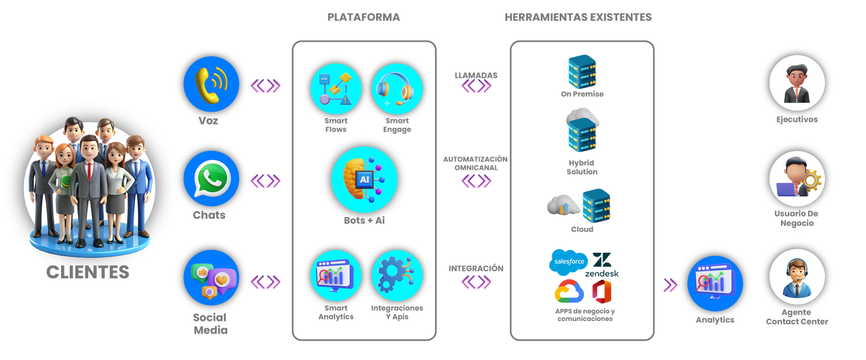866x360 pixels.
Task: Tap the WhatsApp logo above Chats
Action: coord(211,179)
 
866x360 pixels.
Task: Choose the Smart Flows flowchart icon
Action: coord(335,88)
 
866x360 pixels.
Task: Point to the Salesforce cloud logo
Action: coord(568,262)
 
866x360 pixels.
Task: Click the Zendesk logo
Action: coord(602,262)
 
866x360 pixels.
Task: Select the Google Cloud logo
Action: coord(569,291)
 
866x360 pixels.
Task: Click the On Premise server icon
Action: coord(582,71)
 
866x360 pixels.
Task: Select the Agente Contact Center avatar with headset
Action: coord(797,278)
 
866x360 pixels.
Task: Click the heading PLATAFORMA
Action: coord(364,17)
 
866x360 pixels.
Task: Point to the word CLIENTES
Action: coord(88,272)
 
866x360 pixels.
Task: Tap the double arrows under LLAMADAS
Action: coord(476,87)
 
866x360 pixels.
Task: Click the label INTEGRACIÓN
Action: coord(476,269)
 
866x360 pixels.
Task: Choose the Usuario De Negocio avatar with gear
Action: coord(797,179)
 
